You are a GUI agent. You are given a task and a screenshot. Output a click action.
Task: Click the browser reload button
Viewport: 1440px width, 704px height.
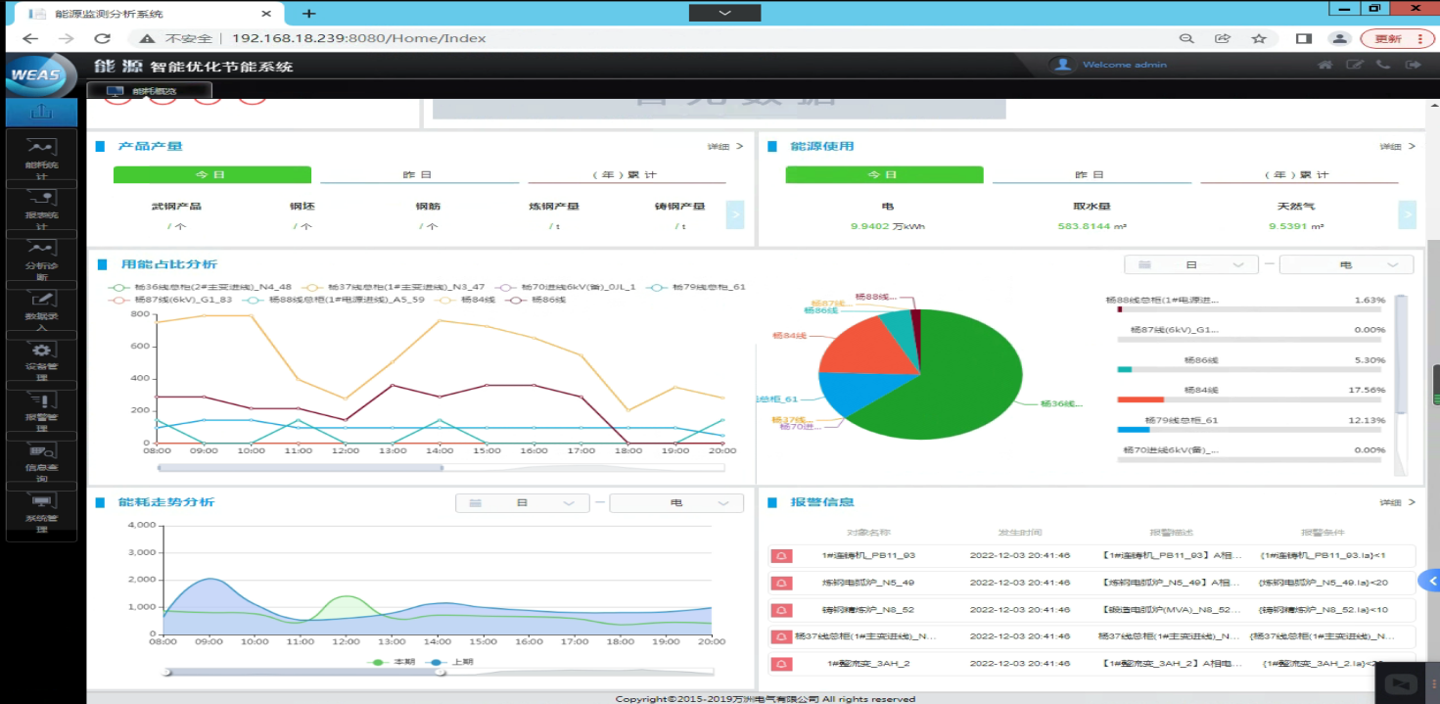102,38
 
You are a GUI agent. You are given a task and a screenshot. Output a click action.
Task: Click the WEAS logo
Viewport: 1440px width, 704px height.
37,74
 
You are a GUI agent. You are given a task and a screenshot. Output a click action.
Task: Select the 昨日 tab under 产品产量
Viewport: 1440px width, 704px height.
418,174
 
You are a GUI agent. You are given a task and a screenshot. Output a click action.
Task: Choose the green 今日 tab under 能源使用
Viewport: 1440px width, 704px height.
883,174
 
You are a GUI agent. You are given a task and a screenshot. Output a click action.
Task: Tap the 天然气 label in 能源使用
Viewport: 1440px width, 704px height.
1295,207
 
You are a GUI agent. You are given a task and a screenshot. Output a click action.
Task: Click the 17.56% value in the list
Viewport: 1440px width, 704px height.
1369,390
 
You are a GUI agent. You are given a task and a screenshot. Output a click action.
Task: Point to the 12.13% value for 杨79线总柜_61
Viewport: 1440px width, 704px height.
1369,420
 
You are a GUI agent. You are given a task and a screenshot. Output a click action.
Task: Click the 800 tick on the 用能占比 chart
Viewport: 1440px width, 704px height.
139,314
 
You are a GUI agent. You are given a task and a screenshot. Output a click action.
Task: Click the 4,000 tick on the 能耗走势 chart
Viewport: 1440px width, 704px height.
142,526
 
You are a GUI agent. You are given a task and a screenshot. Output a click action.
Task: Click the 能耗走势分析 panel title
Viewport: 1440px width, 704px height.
166,502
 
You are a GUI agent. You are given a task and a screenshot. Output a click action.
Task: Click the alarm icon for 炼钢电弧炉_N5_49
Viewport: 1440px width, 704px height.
781,583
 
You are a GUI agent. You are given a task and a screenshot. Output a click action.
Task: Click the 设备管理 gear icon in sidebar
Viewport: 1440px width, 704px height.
41,351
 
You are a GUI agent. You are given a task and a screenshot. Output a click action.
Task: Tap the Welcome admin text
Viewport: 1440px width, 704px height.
1124,65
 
